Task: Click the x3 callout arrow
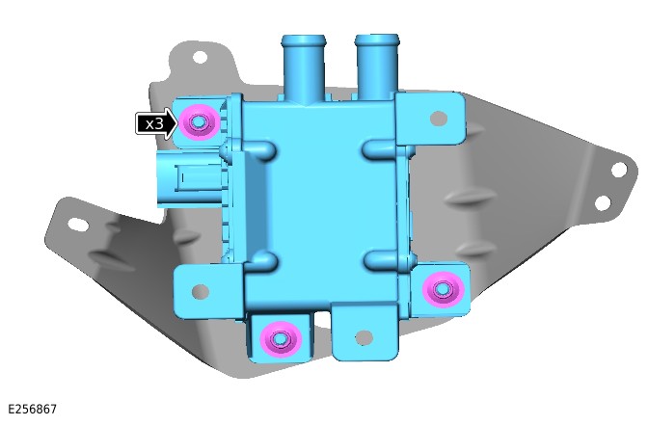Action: pos(156,123)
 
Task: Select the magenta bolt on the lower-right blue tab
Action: pos(443,290)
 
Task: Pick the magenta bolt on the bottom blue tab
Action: pos(281,339)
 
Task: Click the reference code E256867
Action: pos(32,410)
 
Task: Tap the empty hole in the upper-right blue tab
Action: pos(439,119)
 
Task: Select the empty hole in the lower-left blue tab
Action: pos(201,291)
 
